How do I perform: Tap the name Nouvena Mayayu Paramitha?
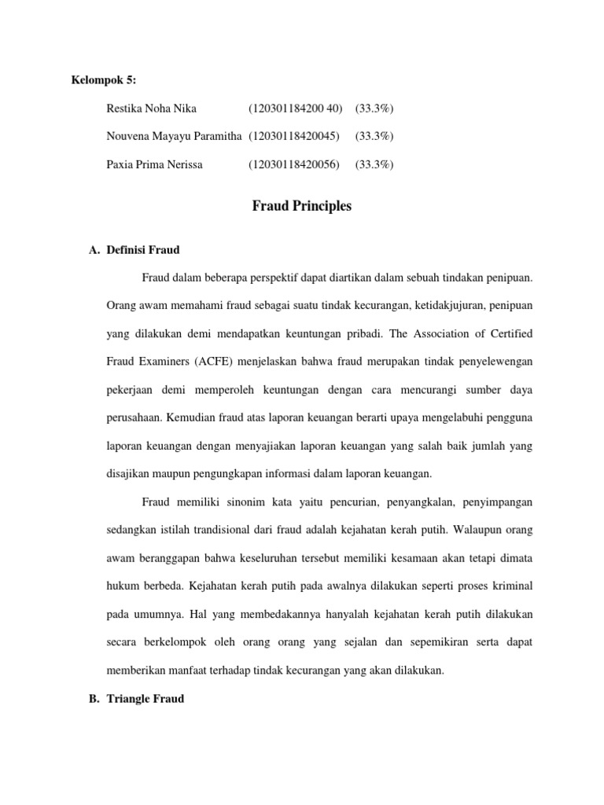click(x=173, y=136)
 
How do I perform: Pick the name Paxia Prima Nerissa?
click(x=153, y=164)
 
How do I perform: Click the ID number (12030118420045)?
click(x=294, y=136)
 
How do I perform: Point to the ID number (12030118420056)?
click(x=294, y=164)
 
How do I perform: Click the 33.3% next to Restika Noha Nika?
click(x=374, y=108)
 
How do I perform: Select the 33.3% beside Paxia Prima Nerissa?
click(x=374, y=164)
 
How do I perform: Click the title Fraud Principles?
click(x=302, y=207)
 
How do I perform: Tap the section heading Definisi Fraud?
click(x=142, y=250)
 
